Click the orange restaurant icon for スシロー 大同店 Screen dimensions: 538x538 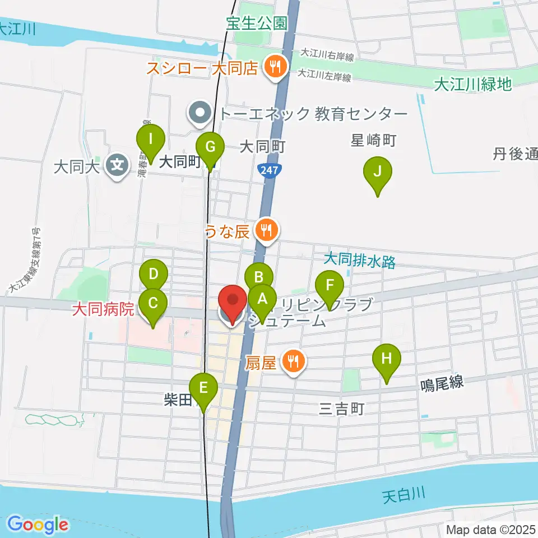coord(275,68)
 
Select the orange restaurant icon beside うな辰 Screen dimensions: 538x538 coord(266,230)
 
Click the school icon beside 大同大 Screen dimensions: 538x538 coord(117,166)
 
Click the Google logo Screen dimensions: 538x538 coord(38,525)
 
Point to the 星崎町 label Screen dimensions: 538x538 coord(374,140)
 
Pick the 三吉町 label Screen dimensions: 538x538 coord(342,409)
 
